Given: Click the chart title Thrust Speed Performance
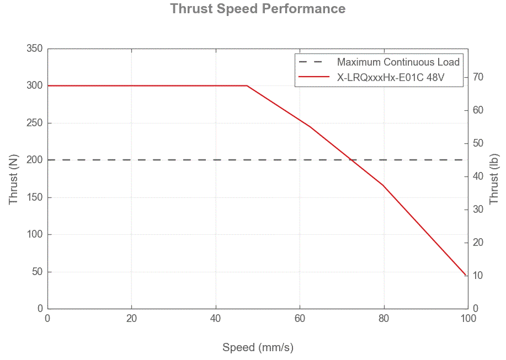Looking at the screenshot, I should click(x=258, y=9).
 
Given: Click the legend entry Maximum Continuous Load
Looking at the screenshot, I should click(x=398, y=62).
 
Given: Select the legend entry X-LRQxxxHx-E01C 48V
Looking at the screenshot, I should click(x=391, y=78).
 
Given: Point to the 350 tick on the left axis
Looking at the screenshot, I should click(x=35, y=49).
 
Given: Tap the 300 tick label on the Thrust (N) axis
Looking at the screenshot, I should click(x=35, y=85).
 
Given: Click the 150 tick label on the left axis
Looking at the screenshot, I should click(x=35, y=197).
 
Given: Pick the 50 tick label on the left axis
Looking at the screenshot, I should click(x=37, y=272).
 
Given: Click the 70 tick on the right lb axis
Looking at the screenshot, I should click(x=478, y=77).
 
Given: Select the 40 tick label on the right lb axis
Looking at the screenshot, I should click(x=478, y=176).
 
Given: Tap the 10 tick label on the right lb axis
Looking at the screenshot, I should click(x=478, y=276).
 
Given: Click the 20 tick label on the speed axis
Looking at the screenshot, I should click(x=131, y=319).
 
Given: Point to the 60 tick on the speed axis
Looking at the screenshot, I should click(x=300, y=319).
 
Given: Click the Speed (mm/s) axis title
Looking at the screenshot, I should click(x=258, y=347).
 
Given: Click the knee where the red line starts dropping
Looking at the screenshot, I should click(x=247, y=85).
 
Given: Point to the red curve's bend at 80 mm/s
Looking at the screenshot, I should click(x=384, y=185).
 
